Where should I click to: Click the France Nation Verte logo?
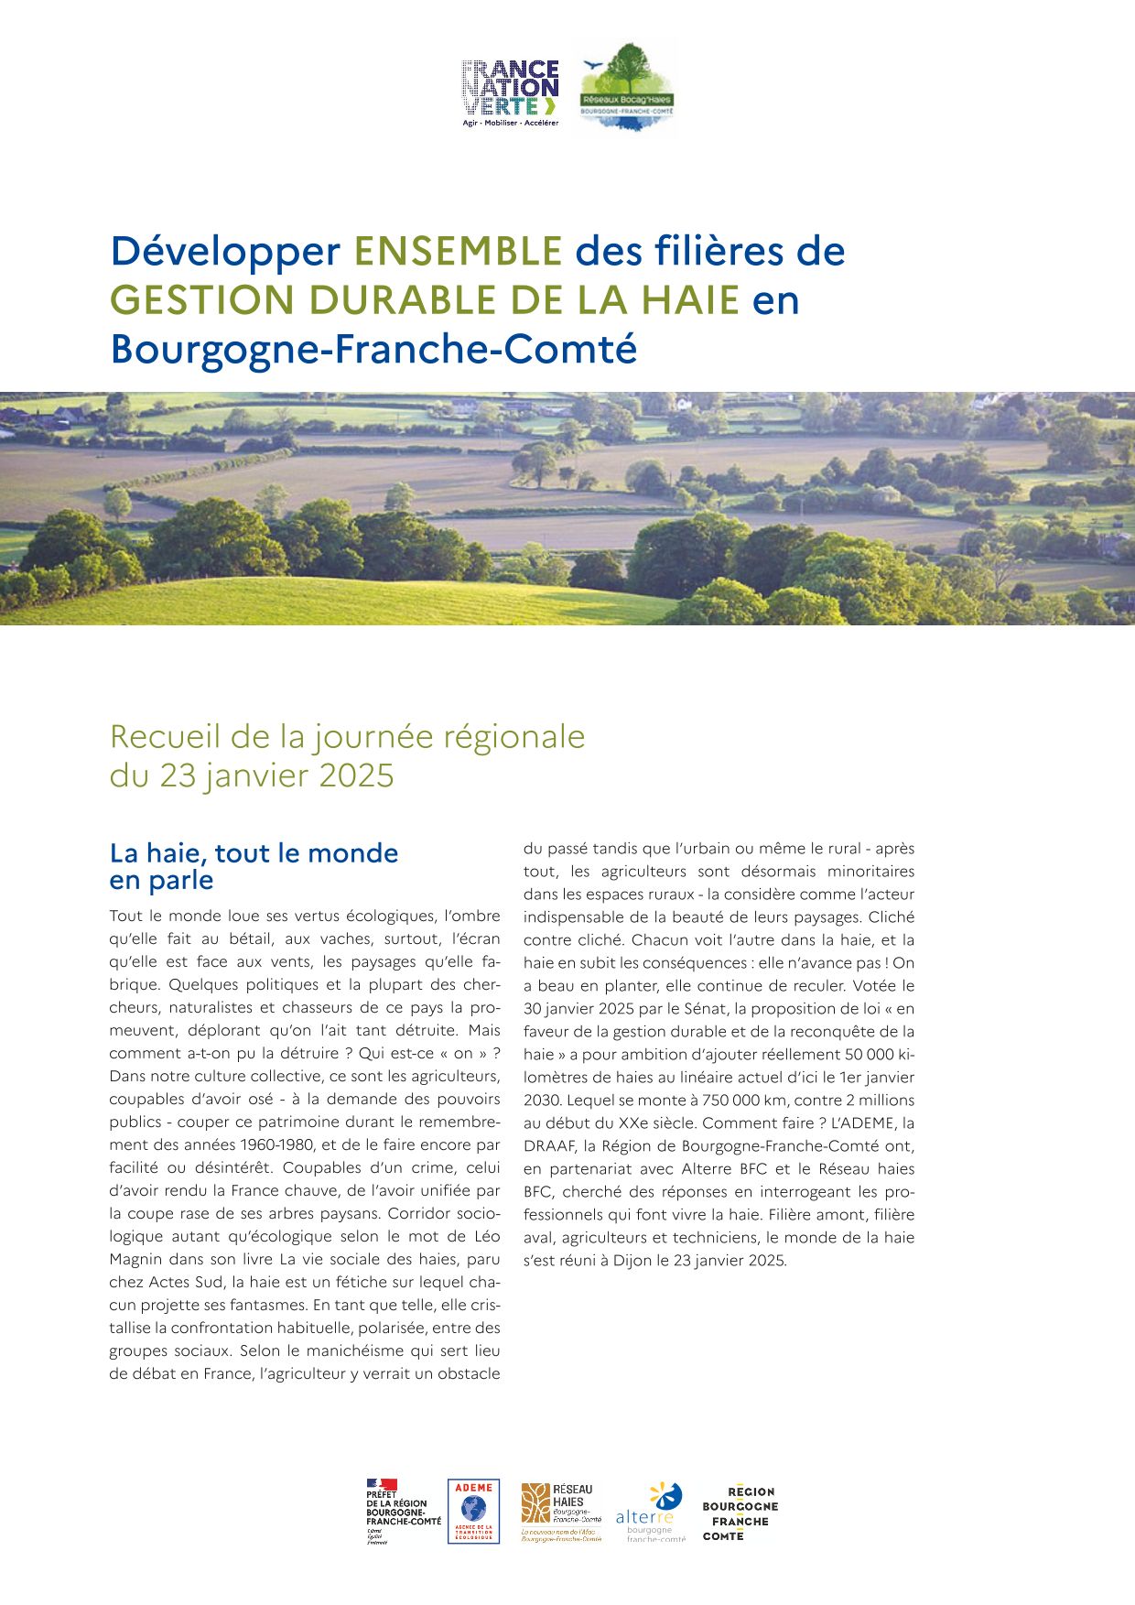510,92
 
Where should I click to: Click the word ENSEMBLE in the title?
458,251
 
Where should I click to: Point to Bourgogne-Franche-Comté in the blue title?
373,349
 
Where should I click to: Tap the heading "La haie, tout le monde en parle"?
254,866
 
